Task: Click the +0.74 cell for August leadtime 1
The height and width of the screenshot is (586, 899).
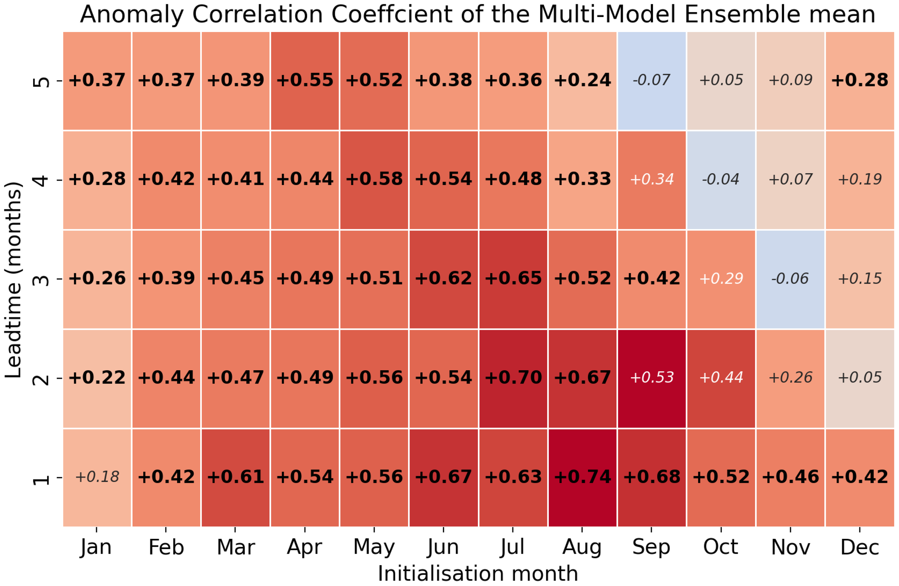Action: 582,477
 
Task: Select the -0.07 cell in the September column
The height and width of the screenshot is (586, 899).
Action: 651,80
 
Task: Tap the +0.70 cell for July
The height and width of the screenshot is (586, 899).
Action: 512,377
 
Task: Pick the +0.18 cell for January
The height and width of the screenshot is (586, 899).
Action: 97,477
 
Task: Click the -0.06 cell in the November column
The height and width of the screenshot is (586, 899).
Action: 790,279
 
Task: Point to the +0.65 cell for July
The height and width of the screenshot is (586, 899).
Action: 512,279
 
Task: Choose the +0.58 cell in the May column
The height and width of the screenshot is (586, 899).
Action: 374,179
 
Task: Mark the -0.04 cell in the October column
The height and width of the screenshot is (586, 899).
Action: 721,179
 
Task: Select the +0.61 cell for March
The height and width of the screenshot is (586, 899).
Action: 235,477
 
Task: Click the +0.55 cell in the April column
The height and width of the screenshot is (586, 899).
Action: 305,80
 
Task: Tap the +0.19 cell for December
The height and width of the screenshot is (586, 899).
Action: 860,179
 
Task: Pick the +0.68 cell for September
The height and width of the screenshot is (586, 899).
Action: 651,477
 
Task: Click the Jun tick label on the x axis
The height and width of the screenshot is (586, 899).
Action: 443,548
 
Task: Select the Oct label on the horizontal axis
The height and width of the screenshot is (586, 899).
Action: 721,547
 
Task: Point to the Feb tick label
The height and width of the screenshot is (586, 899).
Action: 166,547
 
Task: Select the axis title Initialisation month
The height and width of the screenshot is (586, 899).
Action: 478,573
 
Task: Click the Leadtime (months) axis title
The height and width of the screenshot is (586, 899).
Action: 14,279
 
